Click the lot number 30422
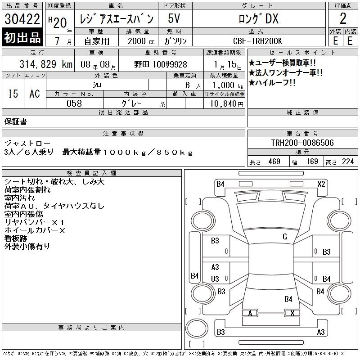(x=22, y=18)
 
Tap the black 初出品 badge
(x=22, y=37)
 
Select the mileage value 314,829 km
(x=46, y=64)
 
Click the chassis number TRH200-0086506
(x=302, y=143)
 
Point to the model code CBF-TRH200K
(x=257, y=41)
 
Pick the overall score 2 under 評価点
(x=343, y=18)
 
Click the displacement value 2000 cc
(x=141, y=41)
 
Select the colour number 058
(x=74, y=103)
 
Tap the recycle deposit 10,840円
(x=227, y=104)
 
